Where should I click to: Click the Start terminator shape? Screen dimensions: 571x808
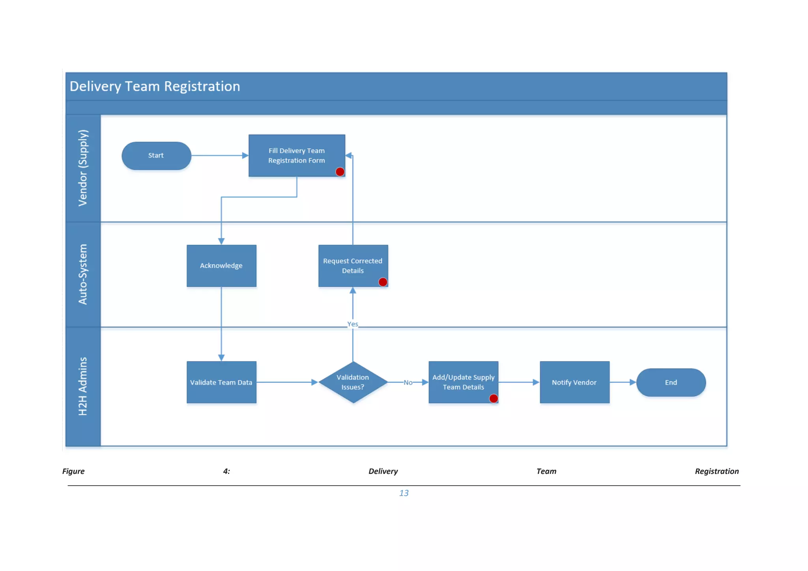(156, 155)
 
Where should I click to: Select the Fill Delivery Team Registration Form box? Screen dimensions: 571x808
(296, 155)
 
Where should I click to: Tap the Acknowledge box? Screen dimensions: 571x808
(221, 266)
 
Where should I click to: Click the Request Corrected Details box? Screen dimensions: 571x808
(353, 266)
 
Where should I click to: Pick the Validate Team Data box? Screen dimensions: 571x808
(221, 382)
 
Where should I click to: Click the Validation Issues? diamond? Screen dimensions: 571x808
(353, 382)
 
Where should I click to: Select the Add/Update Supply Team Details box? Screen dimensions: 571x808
(463, 382)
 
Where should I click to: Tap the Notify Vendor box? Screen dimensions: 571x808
(574, 382)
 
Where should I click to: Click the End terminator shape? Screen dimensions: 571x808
(671, 382)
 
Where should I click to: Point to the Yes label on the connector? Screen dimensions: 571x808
(353, 324)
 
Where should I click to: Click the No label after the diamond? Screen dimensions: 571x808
(408, 382)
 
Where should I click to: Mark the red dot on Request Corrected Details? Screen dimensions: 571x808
(383, 282)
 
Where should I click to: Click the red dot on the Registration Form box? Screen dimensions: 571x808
(340, 172)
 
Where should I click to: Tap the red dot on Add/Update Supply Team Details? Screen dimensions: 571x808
(494, 399)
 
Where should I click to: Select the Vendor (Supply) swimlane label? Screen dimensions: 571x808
(83, 168)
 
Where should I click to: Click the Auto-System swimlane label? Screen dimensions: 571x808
(83, 274)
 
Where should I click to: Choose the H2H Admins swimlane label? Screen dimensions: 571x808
(83, 386)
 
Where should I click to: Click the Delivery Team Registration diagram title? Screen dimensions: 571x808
(155, 86)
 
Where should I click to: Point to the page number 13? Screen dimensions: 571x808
(404, 493)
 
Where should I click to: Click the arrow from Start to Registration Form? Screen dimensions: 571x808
(219, 155)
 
